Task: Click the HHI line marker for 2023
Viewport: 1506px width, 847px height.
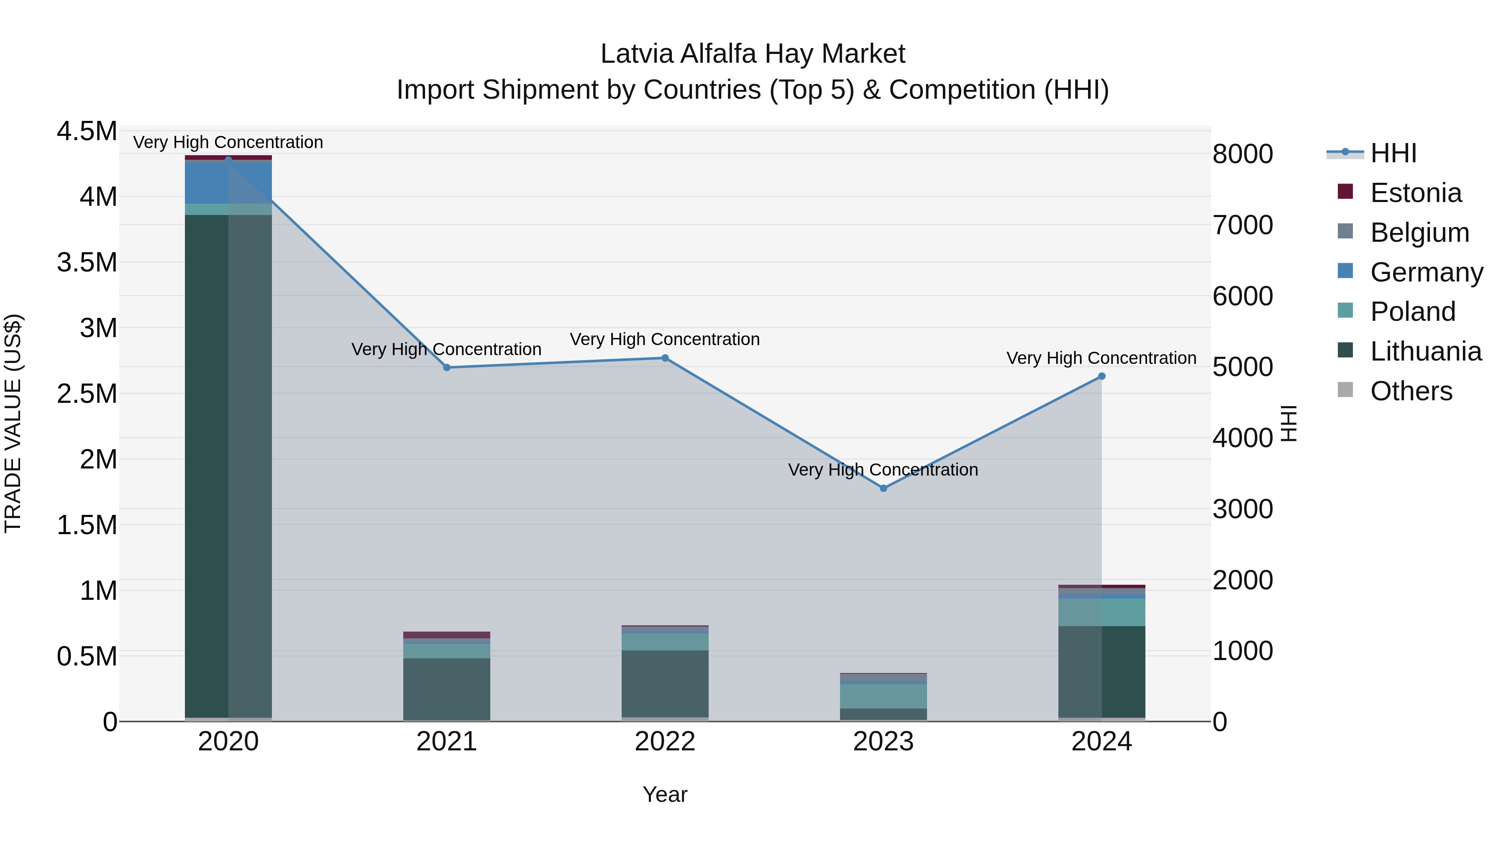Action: (884, 488)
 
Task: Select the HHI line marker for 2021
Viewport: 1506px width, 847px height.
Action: (447, 368)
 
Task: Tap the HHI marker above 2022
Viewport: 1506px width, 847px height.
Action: (665, 358)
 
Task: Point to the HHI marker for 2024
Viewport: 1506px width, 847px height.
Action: (1101, 376)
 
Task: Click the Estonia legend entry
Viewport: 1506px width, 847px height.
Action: (1415, 193)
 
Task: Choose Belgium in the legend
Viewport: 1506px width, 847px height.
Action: (1419, 233)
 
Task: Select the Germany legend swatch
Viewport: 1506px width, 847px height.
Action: (1345, 271)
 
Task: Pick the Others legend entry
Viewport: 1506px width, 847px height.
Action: (1411, 391)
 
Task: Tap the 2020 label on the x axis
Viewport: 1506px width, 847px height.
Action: (228, 742)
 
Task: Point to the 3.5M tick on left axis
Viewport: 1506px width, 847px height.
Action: (87, 262)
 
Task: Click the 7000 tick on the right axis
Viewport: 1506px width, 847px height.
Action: (1242, 225)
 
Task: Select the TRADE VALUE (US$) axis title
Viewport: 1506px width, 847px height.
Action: (13, 423)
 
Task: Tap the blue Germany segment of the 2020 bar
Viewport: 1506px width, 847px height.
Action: (228, 182)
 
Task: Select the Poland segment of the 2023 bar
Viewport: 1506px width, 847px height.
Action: (884, 696)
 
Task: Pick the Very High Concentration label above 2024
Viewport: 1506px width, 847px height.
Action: (1101, 358)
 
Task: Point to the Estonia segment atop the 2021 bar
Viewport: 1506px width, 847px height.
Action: (447, 635)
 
